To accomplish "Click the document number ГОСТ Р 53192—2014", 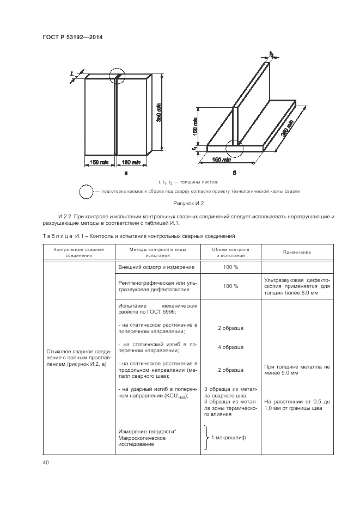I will point(72,38).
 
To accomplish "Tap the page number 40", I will point(45,463).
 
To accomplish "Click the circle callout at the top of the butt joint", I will point(117,76).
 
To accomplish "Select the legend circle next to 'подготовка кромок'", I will point(87,192).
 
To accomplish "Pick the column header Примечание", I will point(297,252).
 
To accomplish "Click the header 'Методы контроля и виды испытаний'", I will point(157,252).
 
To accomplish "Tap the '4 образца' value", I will point(230,347).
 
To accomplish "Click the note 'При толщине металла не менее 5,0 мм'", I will point(297,370).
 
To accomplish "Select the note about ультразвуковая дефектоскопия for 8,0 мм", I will point(297,285).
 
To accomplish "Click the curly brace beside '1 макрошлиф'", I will point(207,438).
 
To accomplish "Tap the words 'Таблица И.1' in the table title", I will point(60,237).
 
